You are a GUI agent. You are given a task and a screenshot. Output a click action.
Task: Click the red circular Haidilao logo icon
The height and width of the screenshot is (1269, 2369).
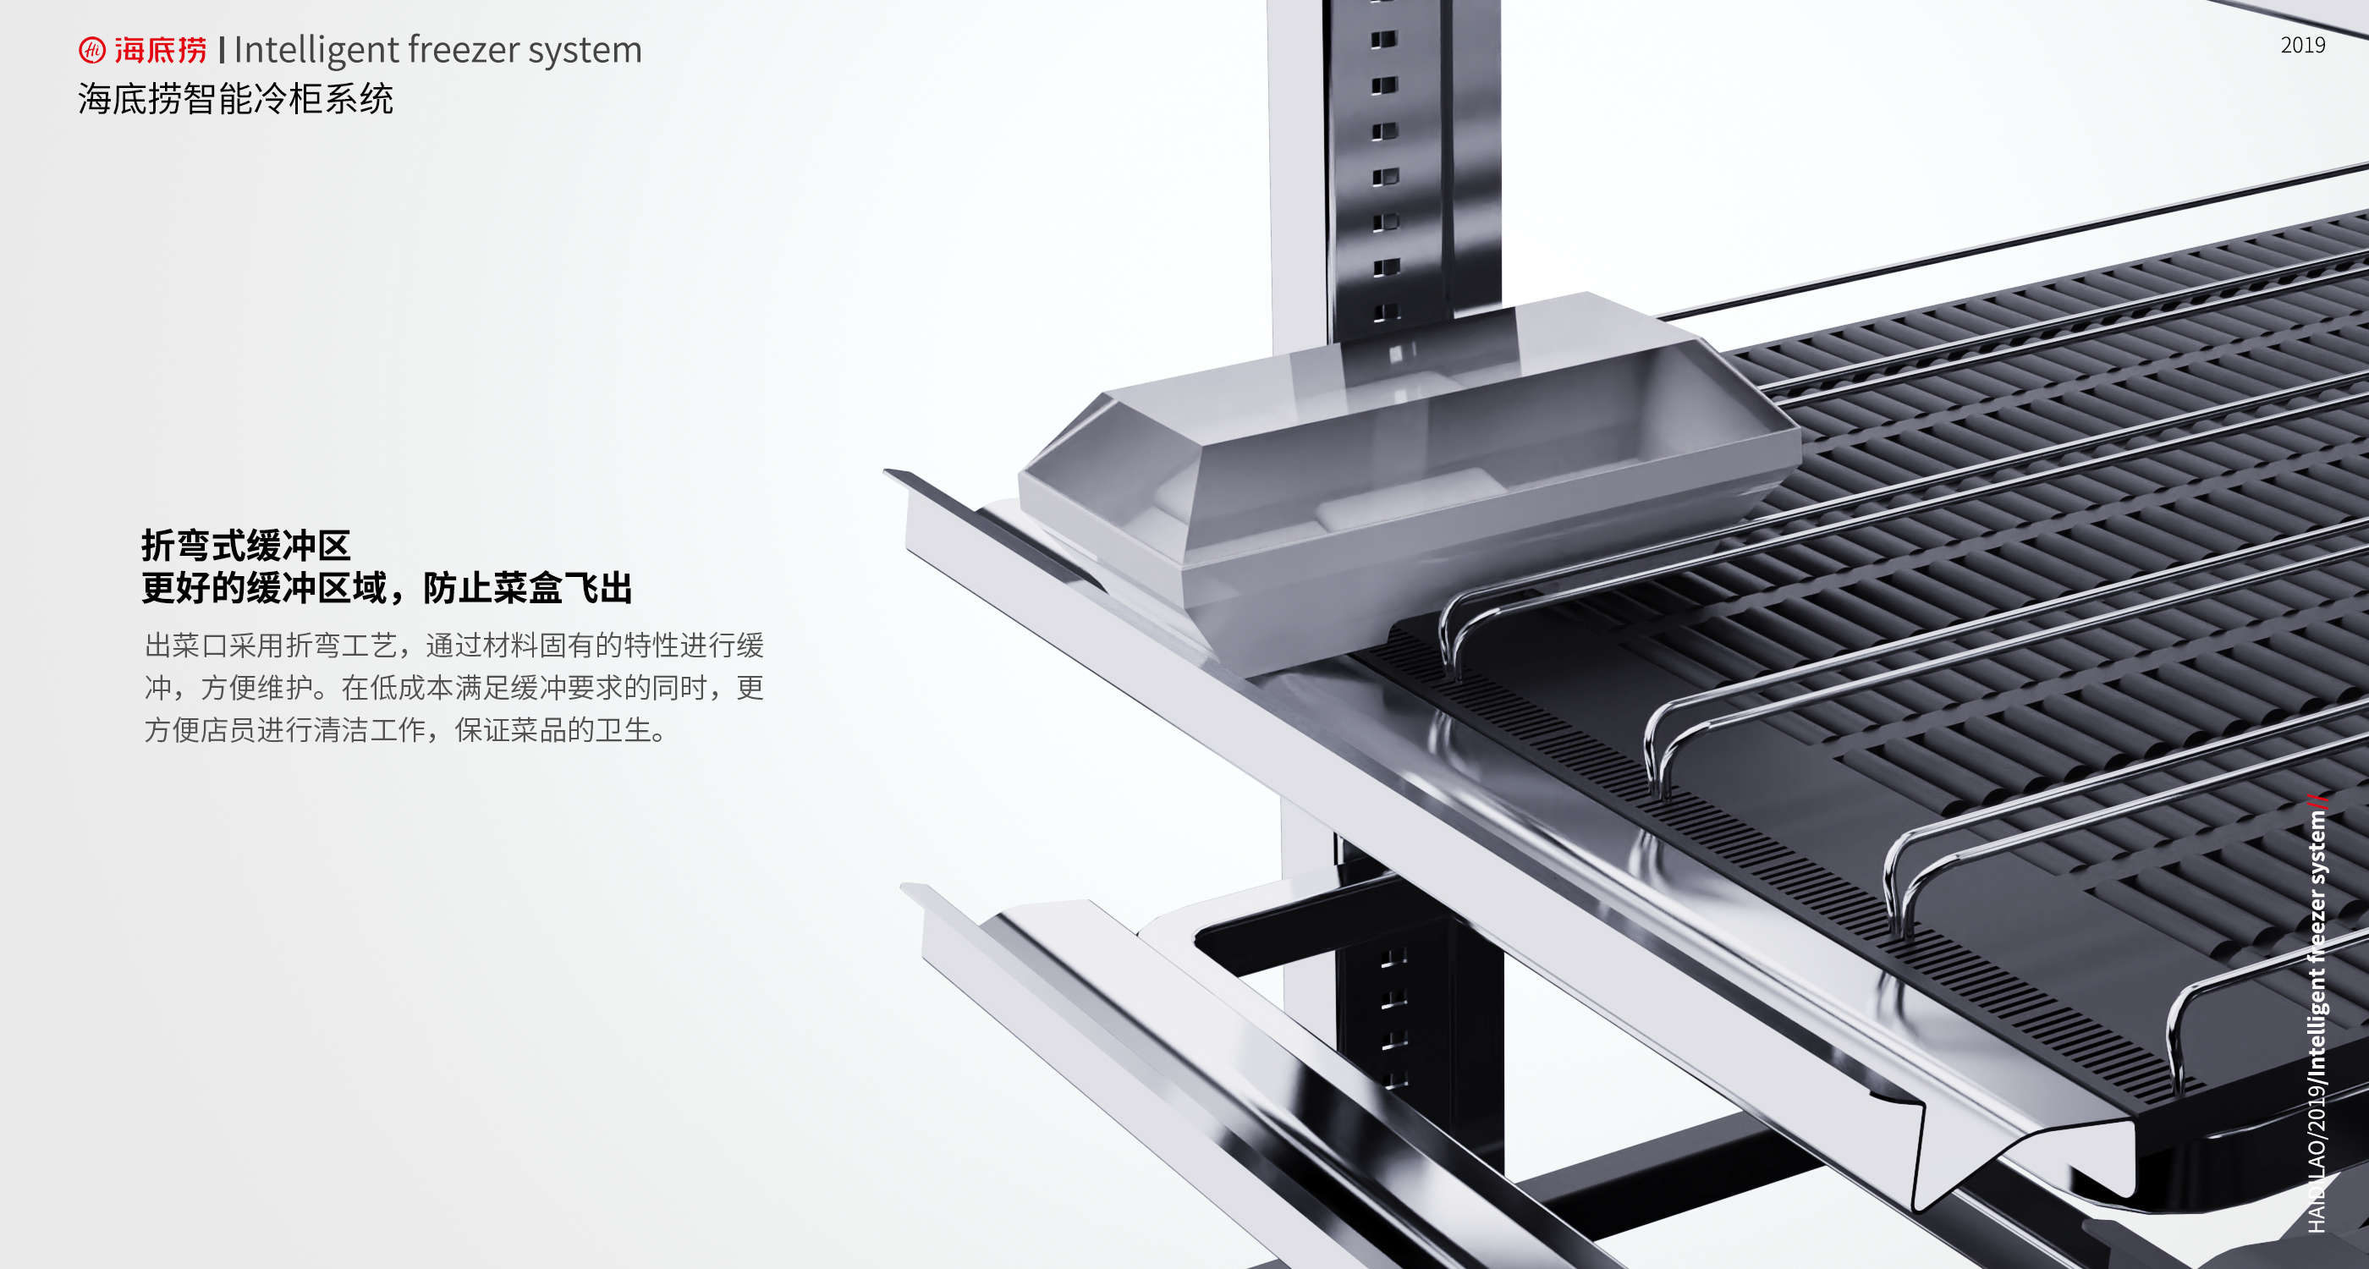click(92, 50)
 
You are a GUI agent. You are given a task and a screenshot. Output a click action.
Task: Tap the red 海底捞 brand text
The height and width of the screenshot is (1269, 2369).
click(161, 50)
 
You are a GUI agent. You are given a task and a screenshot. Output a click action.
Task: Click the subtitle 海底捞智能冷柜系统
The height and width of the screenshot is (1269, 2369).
click(235, 98)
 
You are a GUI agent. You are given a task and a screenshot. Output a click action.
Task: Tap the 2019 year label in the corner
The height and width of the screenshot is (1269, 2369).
click(2302, 45)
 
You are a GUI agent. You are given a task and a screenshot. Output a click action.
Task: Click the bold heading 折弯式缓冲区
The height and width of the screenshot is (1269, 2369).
click(245, 546)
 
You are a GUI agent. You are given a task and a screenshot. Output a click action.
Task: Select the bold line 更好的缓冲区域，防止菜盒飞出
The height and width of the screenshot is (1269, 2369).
click(387, 588)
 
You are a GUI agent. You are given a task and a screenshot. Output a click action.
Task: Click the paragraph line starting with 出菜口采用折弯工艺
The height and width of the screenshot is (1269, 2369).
click(453, 645)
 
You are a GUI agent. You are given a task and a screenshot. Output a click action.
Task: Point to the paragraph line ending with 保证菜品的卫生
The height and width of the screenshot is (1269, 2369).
click(404, 729)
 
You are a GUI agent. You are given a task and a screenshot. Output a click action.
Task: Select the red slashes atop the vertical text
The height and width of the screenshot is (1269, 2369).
click(2317, 800)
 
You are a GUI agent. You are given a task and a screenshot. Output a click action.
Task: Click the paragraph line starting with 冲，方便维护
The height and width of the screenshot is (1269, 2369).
click(453, 687)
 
